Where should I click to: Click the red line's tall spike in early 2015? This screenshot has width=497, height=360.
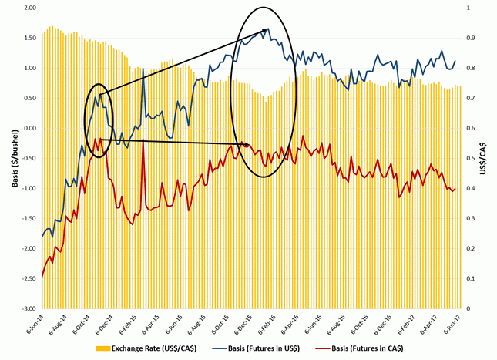click(144, 141)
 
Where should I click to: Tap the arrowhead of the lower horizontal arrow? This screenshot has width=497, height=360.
click(248, 144)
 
